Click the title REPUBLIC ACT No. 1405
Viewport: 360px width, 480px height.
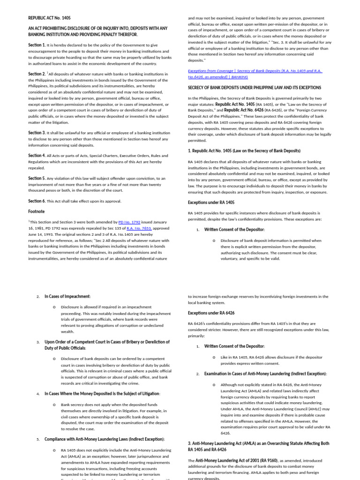(49, 18)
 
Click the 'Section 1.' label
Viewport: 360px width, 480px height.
(37, 45)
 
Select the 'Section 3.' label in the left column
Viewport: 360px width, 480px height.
(37, 133)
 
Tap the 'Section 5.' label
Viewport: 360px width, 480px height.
(37, 178)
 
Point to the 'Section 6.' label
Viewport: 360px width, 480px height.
(37, 201)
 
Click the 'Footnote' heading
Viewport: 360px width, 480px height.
(36, 211)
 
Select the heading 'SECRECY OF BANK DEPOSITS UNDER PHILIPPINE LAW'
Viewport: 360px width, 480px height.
(255, 88)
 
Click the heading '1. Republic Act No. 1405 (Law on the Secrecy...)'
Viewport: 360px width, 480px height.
(244, 150)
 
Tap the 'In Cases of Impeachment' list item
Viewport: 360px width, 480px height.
(67, 296)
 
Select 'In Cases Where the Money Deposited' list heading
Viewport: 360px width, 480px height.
(102, 393)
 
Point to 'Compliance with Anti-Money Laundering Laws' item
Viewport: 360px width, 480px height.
(105, 439)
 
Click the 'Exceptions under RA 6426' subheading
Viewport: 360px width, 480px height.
(211, 313)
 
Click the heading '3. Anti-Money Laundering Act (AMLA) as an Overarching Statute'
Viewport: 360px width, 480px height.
(258, 443)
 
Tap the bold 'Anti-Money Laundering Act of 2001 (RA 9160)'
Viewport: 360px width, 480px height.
(236, 460)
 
